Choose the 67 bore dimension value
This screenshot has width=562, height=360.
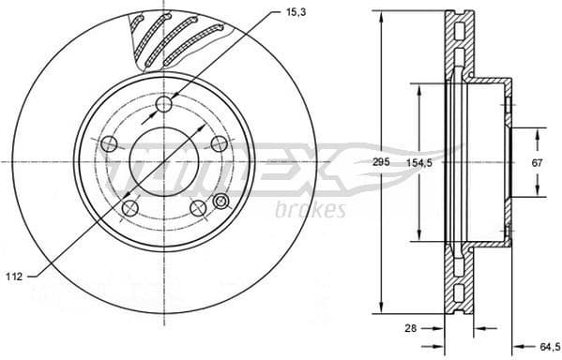pyautogui.click(x=537, y=163)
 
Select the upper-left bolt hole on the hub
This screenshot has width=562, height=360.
pyautogui.click(x=108, y=143)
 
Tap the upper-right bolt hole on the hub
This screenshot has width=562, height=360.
pyautogui.click(x=220, y=142)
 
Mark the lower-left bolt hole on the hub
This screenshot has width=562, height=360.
pyautogui.click(x=129, y=208)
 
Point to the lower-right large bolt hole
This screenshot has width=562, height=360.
pyautogui.click(x=198, y=208)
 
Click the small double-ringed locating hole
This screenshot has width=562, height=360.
pyautogui.click(x=221, y=202)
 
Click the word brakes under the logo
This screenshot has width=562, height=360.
pyautogui.click(x=310, y=209)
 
